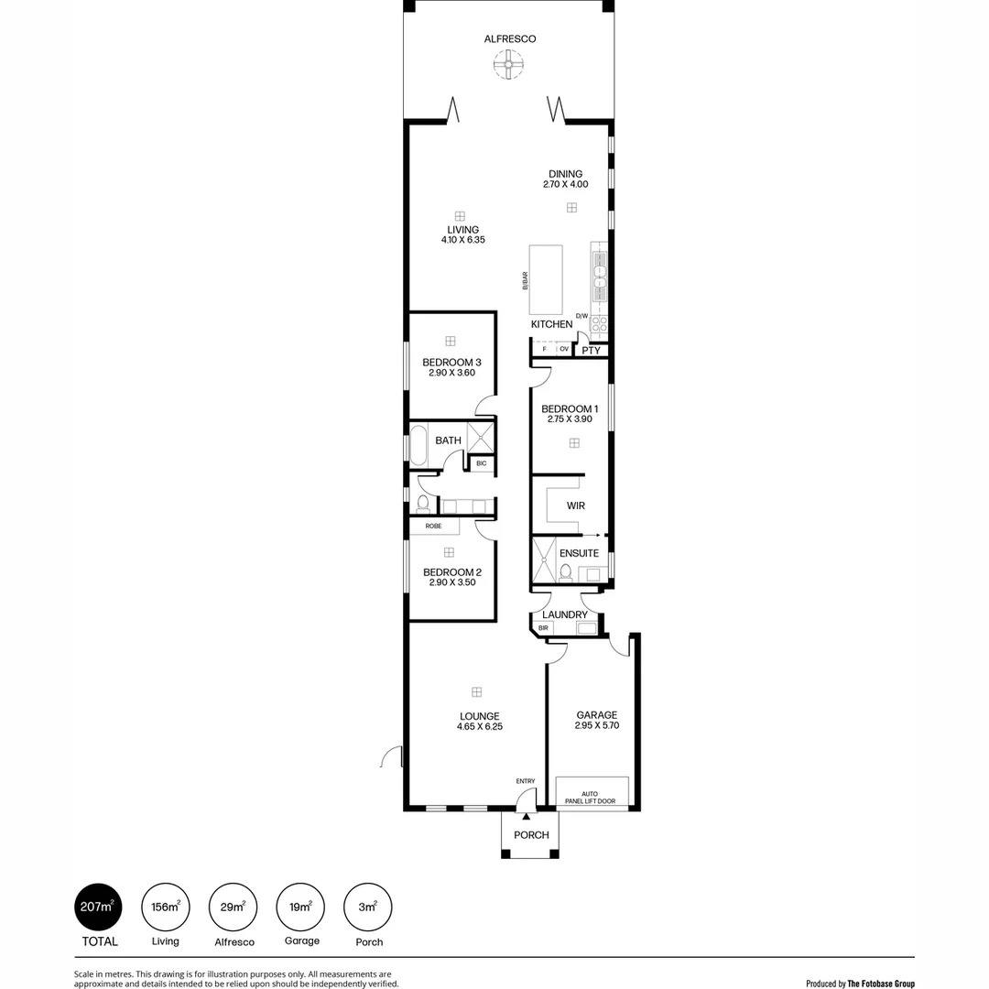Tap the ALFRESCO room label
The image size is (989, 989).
(510, 38)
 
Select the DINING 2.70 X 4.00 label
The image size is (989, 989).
(565, 179)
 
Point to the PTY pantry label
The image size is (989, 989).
(591, 350)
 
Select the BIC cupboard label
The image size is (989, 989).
(481, 463)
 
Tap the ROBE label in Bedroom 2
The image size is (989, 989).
(433, 527)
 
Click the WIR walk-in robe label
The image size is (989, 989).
(576, 505)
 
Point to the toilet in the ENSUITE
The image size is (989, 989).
(565, 573)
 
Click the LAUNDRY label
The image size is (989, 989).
(564, 614)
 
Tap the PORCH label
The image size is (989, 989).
(531, 835)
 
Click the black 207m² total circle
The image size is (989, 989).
(98, 907)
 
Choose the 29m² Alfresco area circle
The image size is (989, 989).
(233, 907)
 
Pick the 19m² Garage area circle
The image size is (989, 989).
(300, 907)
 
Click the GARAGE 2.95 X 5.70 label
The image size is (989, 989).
(596, 721)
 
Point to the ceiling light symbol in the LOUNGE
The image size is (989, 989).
(476, 691)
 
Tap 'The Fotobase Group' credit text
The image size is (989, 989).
(880, 984)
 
